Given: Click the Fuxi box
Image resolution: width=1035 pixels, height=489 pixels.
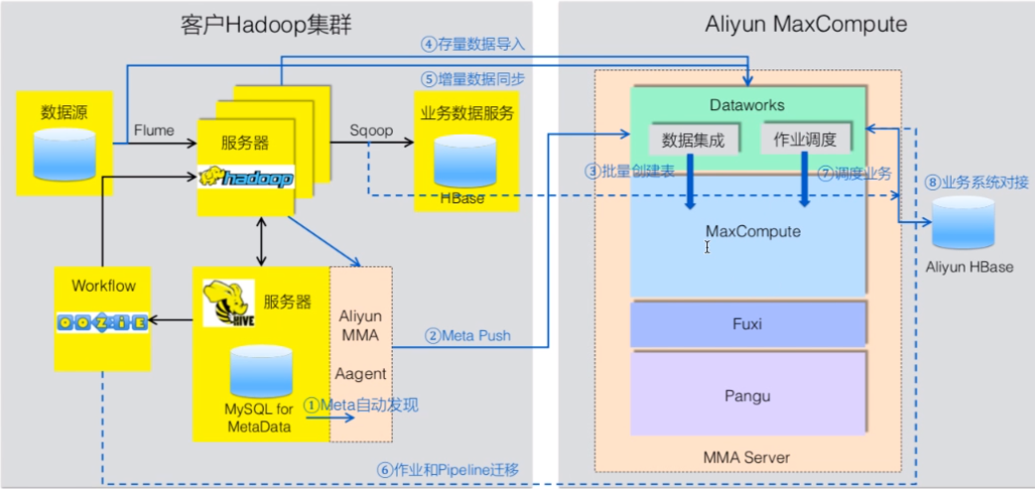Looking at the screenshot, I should click(748, 321).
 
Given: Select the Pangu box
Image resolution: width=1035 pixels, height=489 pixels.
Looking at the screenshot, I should click(748, 395).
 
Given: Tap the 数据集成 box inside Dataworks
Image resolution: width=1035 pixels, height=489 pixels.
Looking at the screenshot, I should click(693, 141).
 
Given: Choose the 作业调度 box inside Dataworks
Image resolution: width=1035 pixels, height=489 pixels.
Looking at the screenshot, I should click(804, 141).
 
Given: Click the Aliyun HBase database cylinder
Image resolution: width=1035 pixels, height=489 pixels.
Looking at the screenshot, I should click(963, 224).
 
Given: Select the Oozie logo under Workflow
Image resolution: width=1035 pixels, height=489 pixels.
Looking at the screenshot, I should click(102, 323).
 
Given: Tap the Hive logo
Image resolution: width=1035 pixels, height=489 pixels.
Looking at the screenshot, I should click(222, 303).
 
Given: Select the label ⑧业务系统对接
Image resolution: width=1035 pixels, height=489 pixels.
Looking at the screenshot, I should click(978, 183).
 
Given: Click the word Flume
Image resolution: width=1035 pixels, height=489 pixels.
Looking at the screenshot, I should click(154, 130).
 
